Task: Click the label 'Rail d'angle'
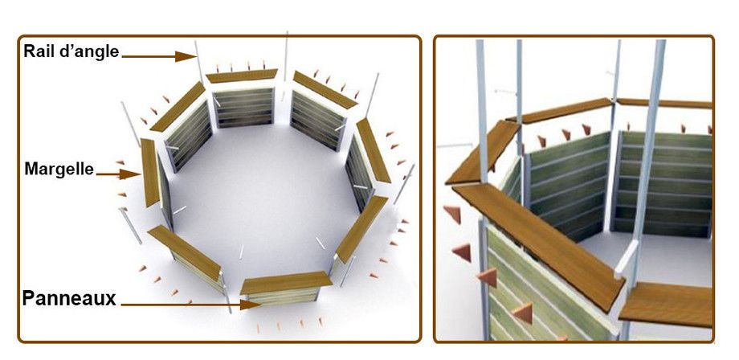(x=71, y=51)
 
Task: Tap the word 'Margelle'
(x=59, y=169)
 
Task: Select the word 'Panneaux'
(x=69, y=298)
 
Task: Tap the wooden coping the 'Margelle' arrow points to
(x=150, y=173)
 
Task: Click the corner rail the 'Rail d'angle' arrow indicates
(x=199, y=61)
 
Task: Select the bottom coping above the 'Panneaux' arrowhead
(x=286, y=283)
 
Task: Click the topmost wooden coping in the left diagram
(x=242, y=76)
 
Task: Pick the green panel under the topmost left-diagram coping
(x=243, y=108)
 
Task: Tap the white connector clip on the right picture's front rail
(x=626, y=258)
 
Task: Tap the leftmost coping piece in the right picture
(x=482, y=153)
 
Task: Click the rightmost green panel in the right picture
(x=662, y=184)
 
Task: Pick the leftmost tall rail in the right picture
(x=482, y=189)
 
